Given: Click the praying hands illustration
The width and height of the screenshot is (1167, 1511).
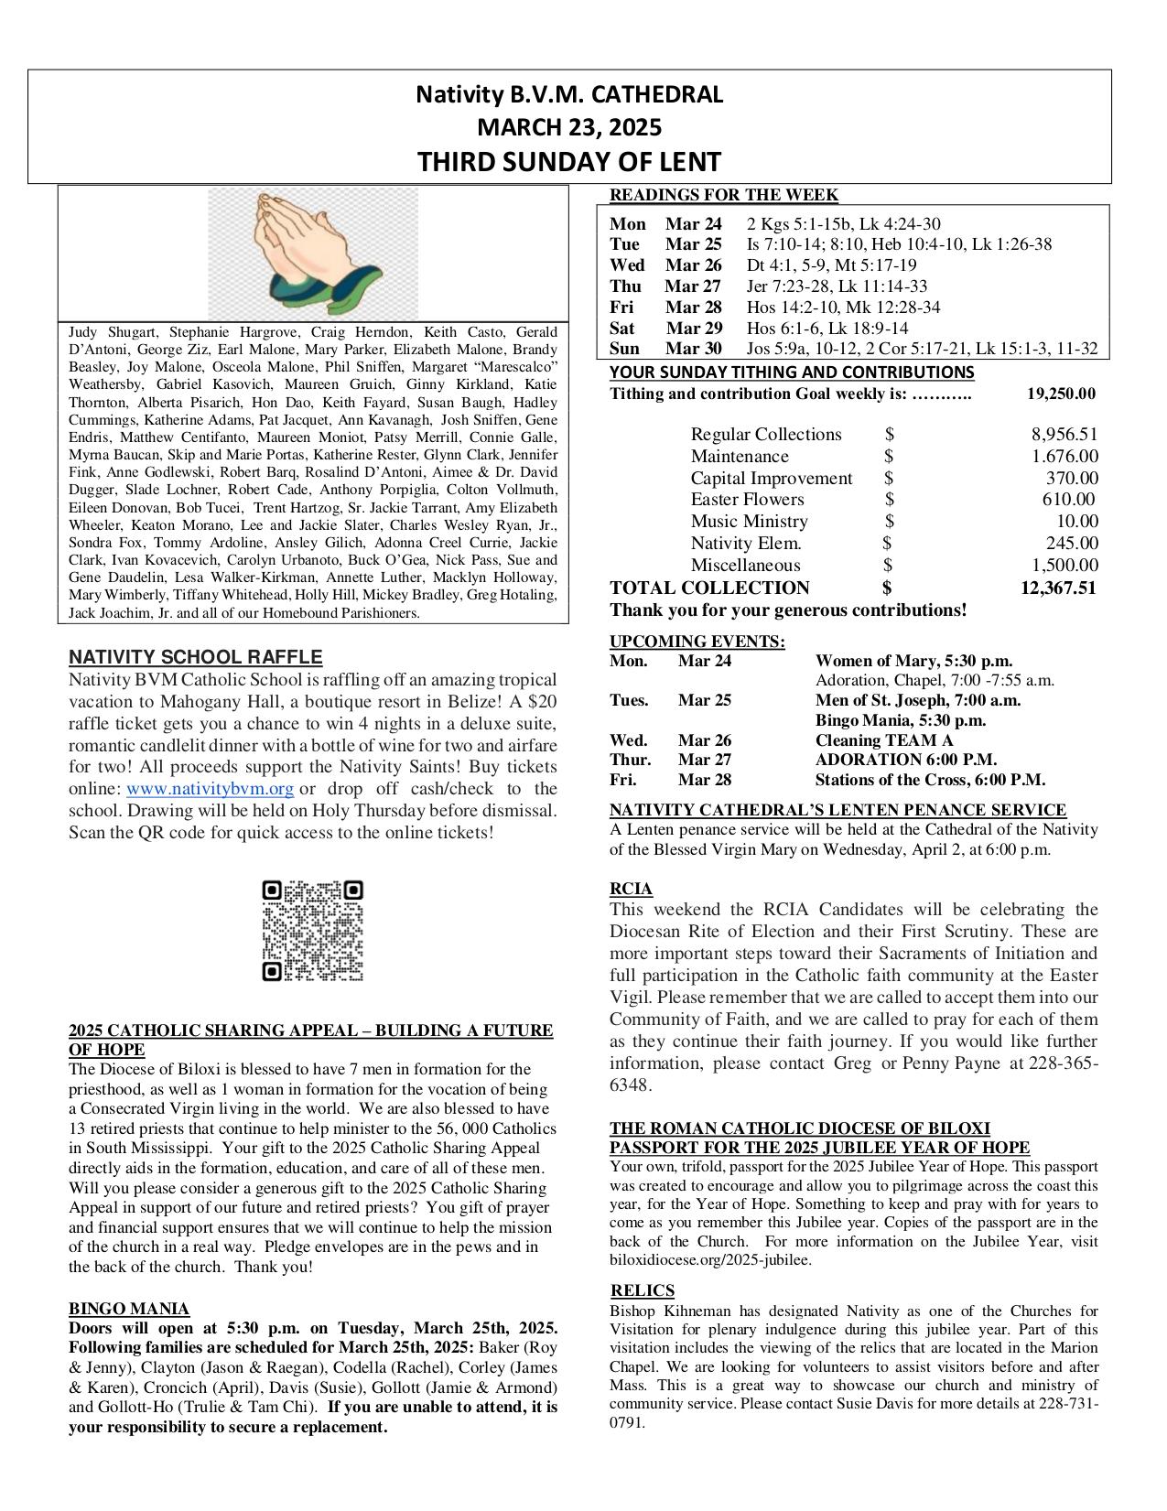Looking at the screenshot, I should click(x=313, y=253).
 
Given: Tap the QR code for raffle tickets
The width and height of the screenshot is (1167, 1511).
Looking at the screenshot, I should click(x=312, y=931).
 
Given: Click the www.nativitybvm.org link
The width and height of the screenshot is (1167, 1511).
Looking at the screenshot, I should click(x=210, y=789).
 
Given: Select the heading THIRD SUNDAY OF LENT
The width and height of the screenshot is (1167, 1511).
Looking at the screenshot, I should click(x=569, y=162).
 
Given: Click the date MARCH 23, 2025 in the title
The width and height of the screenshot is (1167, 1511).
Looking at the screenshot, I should click(x=569, y=127).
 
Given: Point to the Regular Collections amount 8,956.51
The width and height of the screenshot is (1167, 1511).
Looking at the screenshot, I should click(x=1064, y=435).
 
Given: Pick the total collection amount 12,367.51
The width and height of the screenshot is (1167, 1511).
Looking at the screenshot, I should click(x=1057, y=588).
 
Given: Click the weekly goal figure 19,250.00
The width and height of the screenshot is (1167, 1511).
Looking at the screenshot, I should click(x=1060, y=394).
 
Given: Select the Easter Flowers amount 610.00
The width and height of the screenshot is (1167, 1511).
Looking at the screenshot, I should click(x=1068, y=500).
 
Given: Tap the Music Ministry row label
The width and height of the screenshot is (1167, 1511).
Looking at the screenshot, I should click(x=749, y=522).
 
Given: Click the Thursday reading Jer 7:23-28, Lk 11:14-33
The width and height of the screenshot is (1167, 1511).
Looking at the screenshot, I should click(x=837, y=286).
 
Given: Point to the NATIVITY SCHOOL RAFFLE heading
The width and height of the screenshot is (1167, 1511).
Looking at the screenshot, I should click(x=195, y=657).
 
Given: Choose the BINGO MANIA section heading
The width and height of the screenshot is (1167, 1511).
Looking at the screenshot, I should click(x=129, y=1309).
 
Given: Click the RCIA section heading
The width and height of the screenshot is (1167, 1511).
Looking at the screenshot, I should click(x=631, y=889).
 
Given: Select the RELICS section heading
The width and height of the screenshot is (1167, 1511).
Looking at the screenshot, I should click(x=643, y=1290).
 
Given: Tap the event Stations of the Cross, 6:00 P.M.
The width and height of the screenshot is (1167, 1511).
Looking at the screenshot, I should click(x=929, y=780).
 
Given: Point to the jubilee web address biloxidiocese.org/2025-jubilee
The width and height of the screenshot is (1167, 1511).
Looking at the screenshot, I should click(x=710, y=1260).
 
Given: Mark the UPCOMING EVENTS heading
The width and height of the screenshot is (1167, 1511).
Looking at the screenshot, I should click(x=697, y=642).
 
